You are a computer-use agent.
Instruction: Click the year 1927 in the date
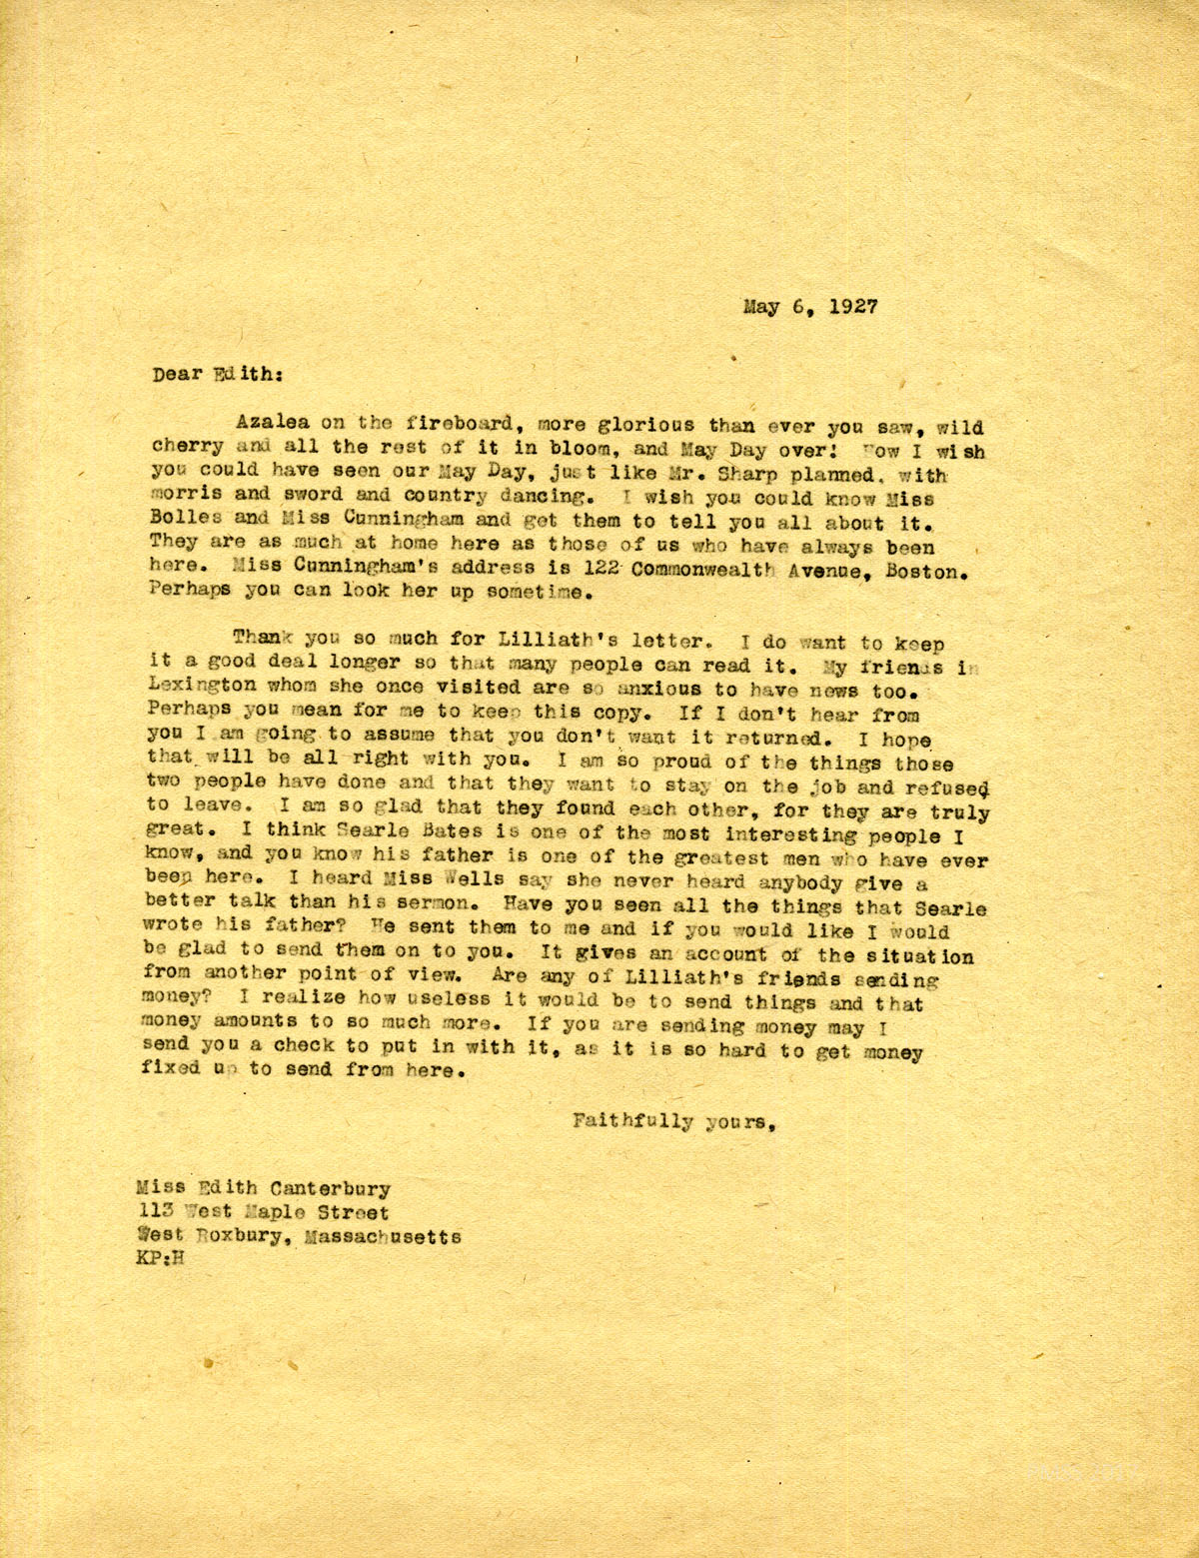pyautogui.click(x=849, y=308)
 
